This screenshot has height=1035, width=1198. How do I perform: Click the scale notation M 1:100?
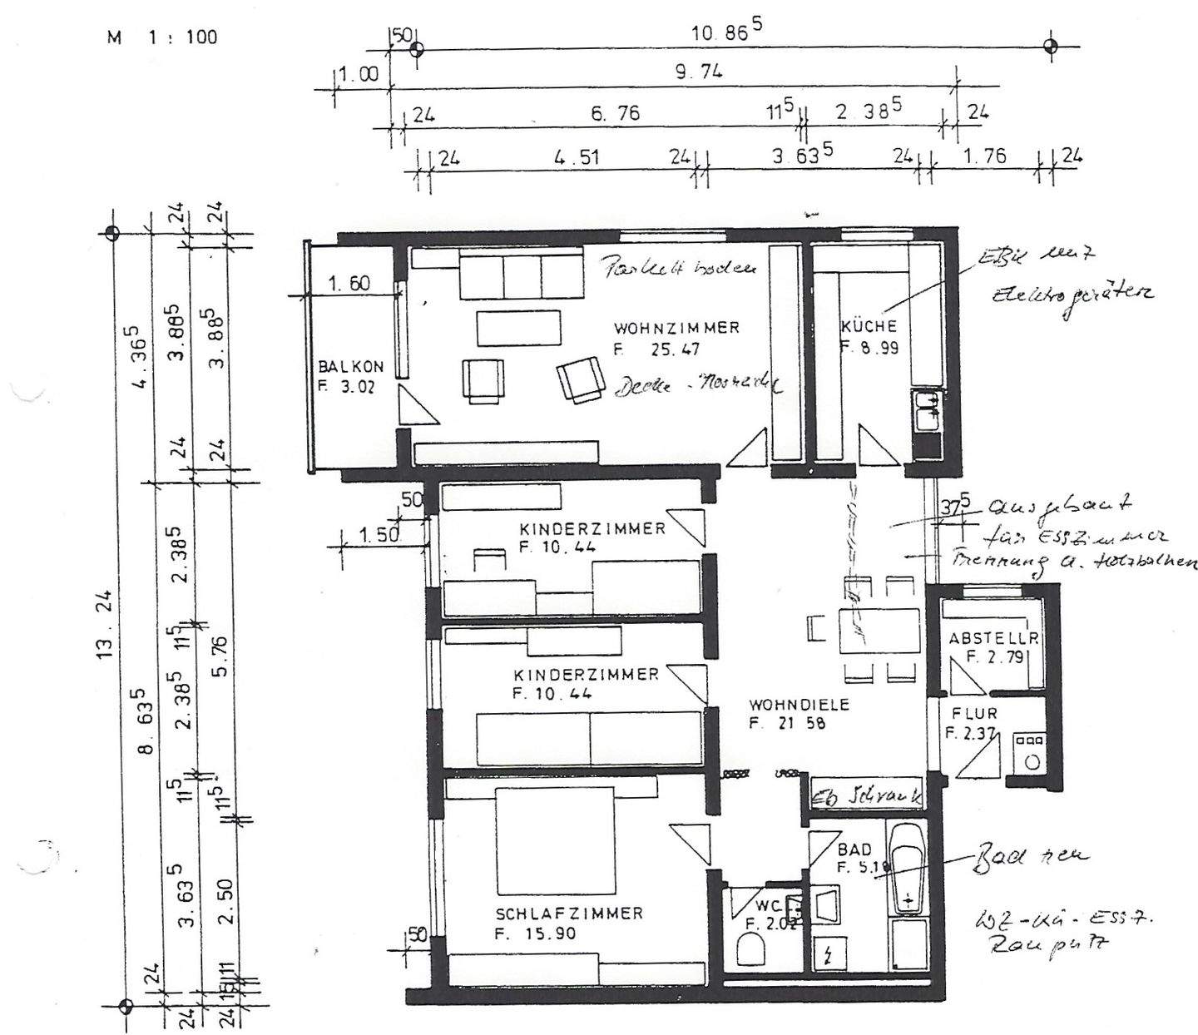162,37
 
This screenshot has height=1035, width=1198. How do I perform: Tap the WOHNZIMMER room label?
676,328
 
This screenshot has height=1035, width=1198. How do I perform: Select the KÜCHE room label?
869,326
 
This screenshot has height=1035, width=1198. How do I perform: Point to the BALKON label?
350,367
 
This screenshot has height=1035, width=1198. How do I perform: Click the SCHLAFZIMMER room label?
569,914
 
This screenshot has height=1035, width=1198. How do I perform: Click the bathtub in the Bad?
907,864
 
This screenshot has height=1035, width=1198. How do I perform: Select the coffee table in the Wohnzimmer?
518,327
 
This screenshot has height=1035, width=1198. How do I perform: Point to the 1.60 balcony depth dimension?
349,284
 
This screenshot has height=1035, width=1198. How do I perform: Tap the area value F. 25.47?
653,350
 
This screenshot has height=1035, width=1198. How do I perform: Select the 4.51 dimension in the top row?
575,156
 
